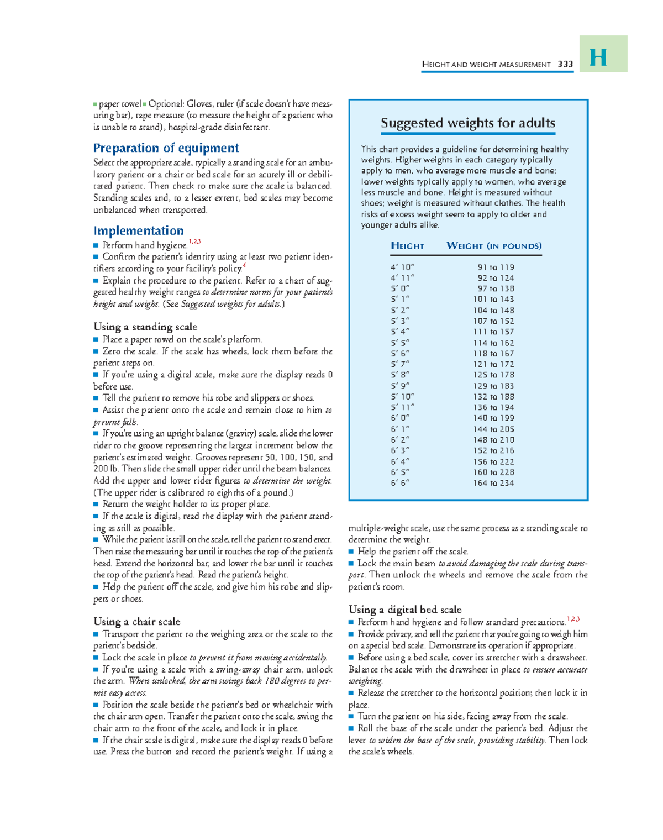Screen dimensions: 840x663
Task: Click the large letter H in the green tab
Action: click(598, 57)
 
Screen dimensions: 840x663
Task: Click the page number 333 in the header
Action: click(565, 65)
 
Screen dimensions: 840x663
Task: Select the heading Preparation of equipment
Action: click(166, 148)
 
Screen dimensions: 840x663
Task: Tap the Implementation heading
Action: click(138, 231)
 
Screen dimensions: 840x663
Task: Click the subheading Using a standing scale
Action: click(145, 327)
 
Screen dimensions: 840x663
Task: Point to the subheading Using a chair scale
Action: click(136, 622)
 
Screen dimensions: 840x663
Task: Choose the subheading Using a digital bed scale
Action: click(404, 610)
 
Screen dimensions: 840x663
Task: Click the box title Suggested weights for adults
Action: click(467, 123)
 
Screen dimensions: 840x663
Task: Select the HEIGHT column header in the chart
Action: click(407, 246)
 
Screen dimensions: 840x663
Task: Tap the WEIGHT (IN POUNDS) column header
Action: click(493, 246)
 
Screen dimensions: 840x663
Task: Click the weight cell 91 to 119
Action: click(496, 267)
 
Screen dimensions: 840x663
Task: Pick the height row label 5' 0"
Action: click(399, 289)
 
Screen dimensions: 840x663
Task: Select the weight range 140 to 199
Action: click(493, 418)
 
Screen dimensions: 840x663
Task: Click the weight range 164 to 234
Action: click(493, 483)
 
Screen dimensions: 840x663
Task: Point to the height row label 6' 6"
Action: click(399, 483)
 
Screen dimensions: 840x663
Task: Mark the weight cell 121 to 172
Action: click(493, 365)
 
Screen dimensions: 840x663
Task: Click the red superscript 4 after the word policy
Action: click(244, 266)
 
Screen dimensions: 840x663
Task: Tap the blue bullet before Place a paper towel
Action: click(96, 340)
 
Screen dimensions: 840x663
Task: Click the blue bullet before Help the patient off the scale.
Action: click(351, 552)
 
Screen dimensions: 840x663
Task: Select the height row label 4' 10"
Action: click(402, 267)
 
